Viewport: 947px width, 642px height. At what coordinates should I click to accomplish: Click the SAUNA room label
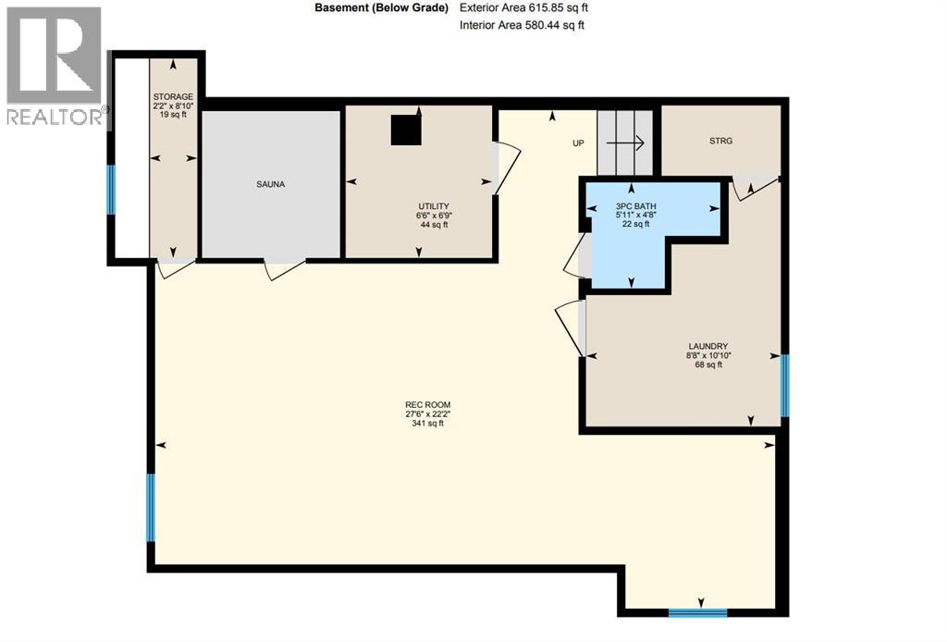pyautogui.click(x=271, y=184)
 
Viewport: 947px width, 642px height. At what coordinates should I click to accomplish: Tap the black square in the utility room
pyautogui.click(x=405, y=130)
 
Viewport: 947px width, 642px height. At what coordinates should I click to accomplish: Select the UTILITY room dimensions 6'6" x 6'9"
pyautogui.click(x=433, y=215)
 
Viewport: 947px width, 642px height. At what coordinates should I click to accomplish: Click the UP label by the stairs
pyautogui.click(x=578, y=143)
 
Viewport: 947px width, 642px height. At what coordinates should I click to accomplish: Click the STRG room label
pyautogui.click(x=720, y=142)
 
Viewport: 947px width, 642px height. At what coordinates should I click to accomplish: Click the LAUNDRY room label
pyautogui.click(x=707, y=346)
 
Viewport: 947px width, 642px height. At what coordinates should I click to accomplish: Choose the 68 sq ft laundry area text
pyautogui.click(x=707, y=364)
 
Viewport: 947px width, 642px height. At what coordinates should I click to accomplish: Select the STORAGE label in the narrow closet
pyautogui.click(x=173, y=96)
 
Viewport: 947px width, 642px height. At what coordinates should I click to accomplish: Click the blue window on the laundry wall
pyautogui.click(x=784, y=385)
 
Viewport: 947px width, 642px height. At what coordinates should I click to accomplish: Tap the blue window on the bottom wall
pyautogui.click(x=697, y=611)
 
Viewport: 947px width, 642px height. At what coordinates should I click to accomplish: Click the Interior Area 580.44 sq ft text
pyautogui.click(x=522, y=25)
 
